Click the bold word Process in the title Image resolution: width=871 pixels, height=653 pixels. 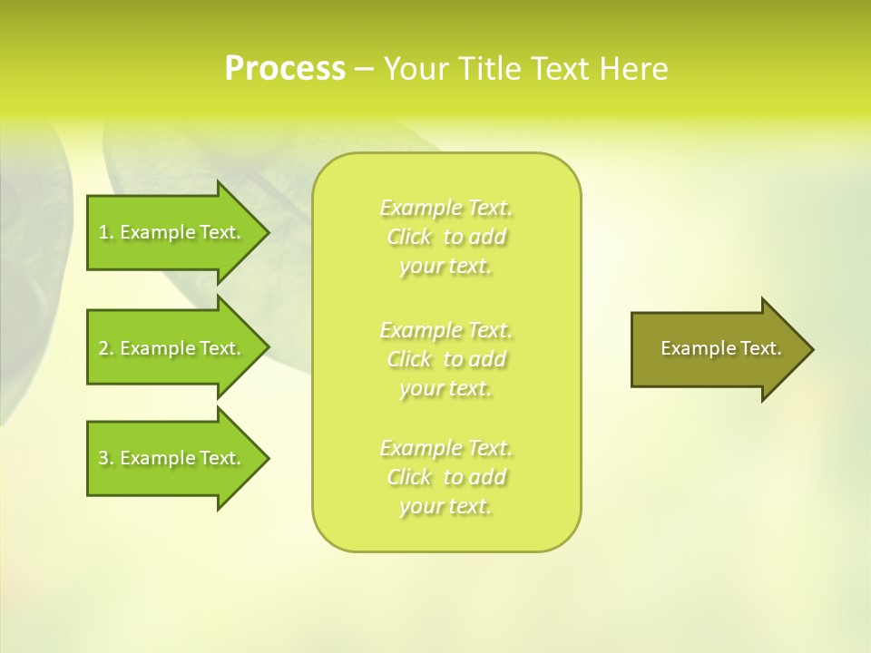click(284, 68)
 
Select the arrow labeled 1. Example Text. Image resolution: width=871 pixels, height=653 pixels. click(172, 232)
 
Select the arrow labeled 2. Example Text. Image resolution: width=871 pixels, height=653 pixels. click(172, 348)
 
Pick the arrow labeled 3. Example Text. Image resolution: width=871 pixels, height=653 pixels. click(172, 458)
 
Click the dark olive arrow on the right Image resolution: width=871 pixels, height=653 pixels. click(717, 349)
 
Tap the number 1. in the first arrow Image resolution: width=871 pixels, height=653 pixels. click(105, 232)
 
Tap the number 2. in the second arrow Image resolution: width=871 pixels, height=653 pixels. click(105, 348)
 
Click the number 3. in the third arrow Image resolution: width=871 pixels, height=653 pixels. click(105, 458)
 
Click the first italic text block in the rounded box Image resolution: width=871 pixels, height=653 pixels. click(446, 237)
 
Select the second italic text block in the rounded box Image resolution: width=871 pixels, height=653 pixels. click(446, 358)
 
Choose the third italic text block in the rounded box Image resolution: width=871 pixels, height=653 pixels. click(446, 477)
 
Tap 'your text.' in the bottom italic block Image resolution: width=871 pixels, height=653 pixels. click(445, 506)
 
